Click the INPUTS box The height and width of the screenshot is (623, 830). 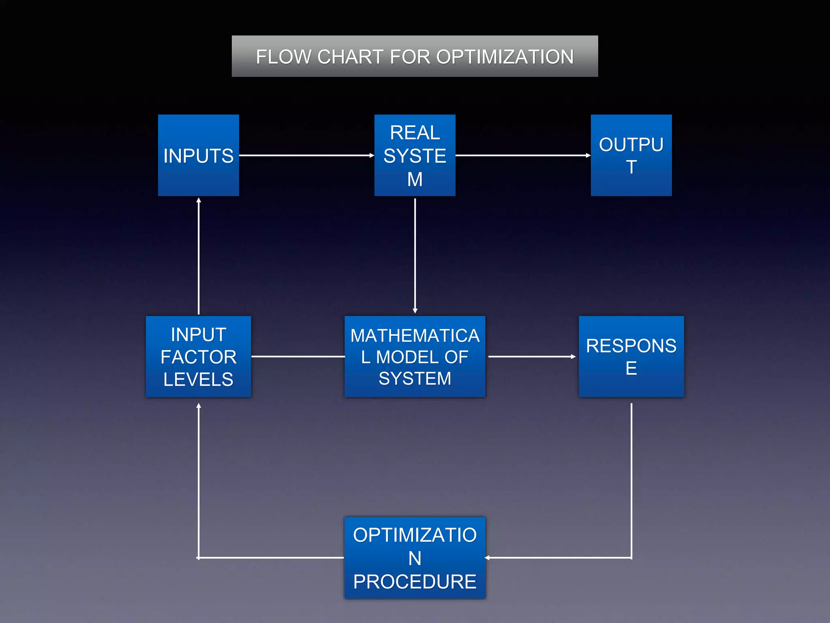(x=198, y=155)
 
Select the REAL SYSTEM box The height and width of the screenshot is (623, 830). (x=415, y=155)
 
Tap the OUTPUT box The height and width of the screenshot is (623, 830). (x=631, y=155)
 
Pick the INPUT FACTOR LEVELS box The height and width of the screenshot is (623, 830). (x=198, y=357)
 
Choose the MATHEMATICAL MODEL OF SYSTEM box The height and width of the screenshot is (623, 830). (x=415, y=357)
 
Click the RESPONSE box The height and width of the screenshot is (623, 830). (x=631, y=357)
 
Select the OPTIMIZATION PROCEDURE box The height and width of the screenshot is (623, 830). (x=415, y=558)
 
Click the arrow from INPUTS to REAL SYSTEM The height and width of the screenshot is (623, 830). (x=306, y=155)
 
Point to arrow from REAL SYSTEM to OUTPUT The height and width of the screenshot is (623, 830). (x=523, y=155)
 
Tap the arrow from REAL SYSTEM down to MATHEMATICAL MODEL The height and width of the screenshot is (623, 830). (x=415, y=256)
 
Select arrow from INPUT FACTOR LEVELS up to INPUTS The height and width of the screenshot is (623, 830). (x=199, y=256)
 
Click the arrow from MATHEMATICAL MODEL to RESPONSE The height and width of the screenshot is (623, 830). (x=532, y=357)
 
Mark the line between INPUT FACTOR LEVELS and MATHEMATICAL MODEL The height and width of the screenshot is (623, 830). (x=298, y=357)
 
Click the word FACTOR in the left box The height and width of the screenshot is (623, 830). (x=198, y=357)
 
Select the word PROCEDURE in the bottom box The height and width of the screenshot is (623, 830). (x=415, y=582)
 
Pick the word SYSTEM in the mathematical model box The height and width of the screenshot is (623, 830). (x=415, y=378)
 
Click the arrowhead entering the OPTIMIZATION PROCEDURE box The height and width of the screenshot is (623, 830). (x=488, y=558)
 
